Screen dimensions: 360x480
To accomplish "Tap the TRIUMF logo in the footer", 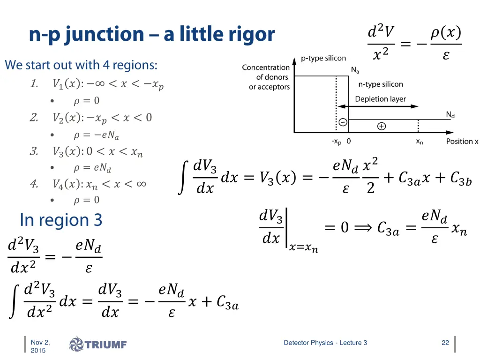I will tap(98, 345).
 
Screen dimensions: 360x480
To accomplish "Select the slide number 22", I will tap(445, 343).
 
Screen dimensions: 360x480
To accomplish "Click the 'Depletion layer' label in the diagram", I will tap(380, 99).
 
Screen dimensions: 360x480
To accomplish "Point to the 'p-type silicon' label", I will tap(323, 59).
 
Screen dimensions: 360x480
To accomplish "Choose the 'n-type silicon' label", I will tap(381, 84).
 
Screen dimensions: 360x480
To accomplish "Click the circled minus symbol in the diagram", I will tap(343, 122).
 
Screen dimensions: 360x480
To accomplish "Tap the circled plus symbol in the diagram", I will tap(382, 126).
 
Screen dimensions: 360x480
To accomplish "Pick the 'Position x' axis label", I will tap(462, 142).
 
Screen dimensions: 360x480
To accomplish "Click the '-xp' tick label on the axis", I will tap(336, 142).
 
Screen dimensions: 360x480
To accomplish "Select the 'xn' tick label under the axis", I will tap(420, 142).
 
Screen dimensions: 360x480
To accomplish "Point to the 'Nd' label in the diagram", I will tap(450, 114).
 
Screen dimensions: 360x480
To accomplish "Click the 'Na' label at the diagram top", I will tap(355, 70).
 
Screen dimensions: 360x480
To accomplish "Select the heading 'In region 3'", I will tap(61, 220).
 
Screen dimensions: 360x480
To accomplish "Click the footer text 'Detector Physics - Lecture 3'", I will tap(325, 343).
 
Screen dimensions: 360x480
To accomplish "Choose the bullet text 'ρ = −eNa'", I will tap(96, 135).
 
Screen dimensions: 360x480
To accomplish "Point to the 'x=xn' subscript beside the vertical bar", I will tap(303, 249).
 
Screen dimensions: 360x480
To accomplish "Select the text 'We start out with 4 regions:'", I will tap(81, 65).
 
